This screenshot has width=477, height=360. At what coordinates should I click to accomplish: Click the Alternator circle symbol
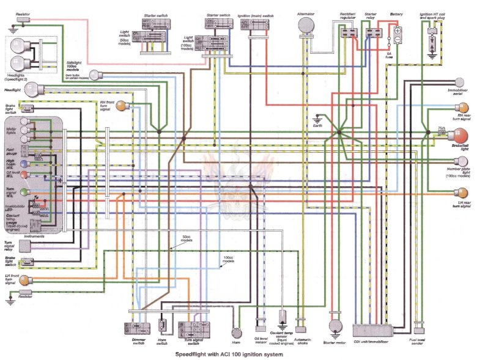(305, 24)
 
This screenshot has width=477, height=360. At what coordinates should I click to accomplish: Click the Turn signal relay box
(25, 245)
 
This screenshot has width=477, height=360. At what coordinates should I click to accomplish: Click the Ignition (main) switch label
(256, 15)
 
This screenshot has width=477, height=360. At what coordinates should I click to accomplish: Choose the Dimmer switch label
(141, 341)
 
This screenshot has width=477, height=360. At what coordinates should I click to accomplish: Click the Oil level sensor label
(260, 341)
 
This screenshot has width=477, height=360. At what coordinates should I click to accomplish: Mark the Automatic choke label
(302, 341)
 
